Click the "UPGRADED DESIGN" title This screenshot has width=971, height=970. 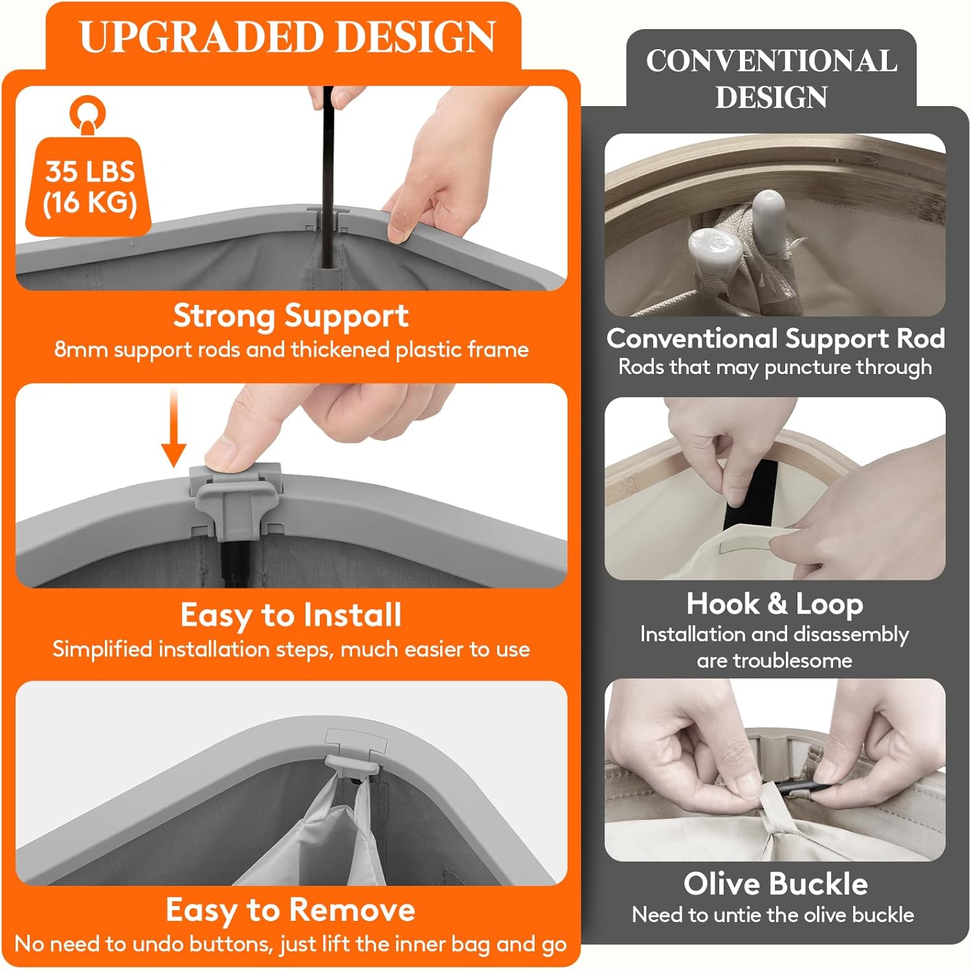pos(287,37)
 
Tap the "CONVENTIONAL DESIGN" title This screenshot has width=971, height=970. pos(771,78)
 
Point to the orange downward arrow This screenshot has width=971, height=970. pos(173,428)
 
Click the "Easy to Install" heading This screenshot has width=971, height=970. pos(291,615)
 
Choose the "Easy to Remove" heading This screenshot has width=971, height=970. pos(291,910)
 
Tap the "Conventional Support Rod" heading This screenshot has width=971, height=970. pos(776,338)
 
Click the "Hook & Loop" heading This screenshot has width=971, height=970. pos(775,604)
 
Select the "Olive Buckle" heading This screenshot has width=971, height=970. pos(776,884)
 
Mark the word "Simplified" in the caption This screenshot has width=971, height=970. pos(102,650)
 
